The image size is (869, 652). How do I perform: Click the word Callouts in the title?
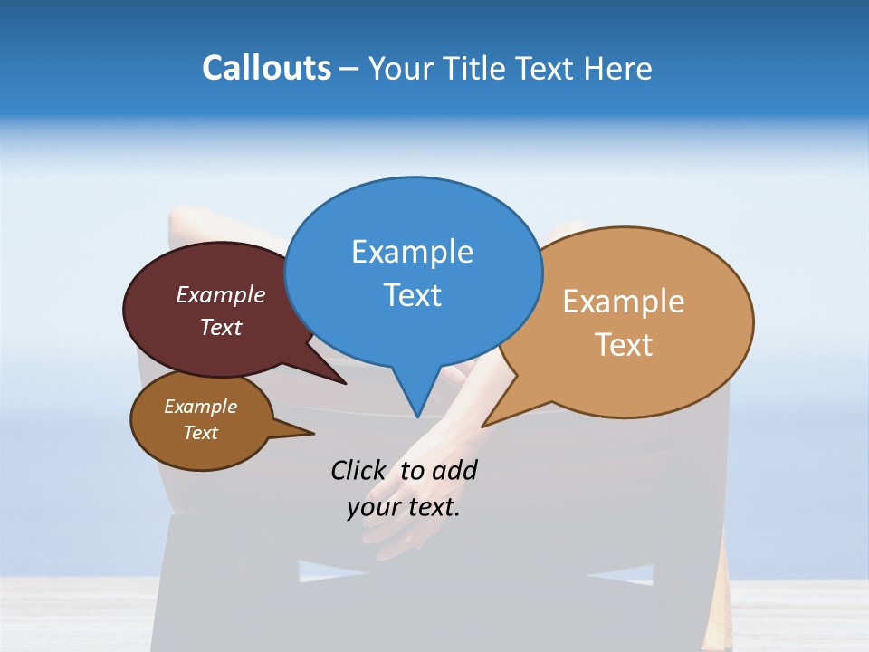click(267, 68)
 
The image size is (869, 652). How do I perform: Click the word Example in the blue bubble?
click(412, 252)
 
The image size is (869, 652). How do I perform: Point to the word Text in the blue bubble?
click(413, 295)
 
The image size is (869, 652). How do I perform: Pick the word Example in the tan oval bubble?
click(624, 302)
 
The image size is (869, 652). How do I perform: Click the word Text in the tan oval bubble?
click(624, 345)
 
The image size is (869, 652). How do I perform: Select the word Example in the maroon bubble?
click(221, 295)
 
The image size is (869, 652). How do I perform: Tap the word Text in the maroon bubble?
click(221, 328)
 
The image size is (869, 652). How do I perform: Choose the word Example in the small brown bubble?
click(200, 407)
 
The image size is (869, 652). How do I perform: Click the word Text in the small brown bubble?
click(200, 433)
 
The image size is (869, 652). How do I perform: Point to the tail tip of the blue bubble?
click(417, 416)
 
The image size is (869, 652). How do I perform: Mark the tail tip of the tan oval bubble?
click(483, 426)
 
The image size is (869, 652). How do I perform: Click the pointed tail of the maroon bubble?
click(345, 383)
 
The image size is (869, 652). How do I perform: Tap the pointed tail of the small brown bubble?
click(312, 434)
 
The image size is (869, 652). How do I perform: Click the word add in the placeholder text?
click(454, 471)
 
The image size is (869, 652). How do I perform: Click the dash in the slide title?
click(349, 69)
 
